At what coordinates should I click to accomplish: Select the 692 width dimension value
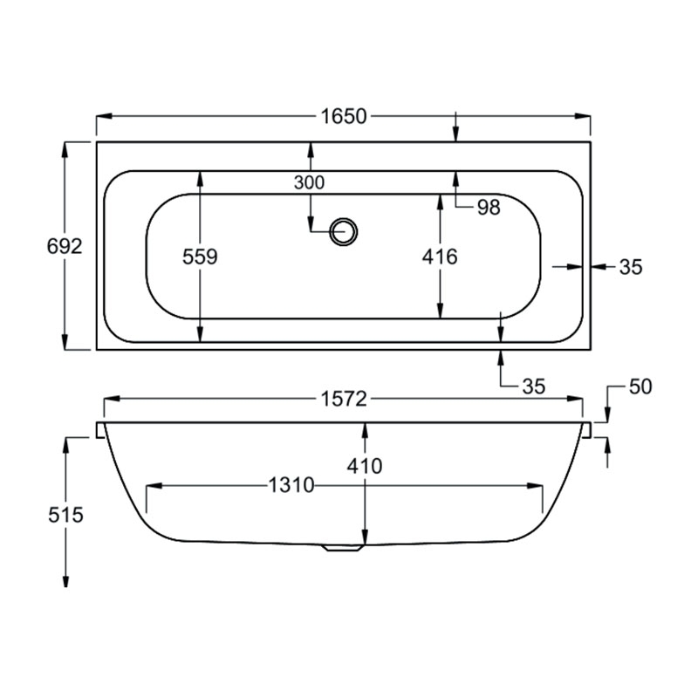pos(65,247)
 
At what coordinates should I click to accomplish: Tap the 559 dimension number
pos(200,257)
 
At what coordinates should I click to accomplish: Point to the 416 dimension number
pos(439,257)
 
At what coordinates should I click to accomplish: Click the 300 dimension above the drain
pos(309,182)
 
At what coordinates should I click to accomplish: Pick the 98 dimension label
pos(489,207)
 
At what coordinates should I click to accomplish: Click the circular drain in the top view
pos(344,231)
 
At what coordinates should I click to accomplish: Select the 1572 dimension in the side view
pos(344,399)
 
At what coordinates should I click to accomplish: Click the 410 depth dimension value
pos(364,467)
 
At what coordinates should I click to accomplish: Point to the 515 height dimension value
pos(65,515)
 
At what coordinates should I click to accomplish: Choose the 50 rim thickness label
pos(640,387)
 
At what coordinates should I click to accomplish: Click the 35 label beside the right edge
pos(630,267)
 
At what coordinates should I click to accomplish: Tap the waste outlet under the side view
pos(343,548)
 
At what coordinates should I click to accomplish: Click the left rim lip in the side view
pos(100,430)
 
